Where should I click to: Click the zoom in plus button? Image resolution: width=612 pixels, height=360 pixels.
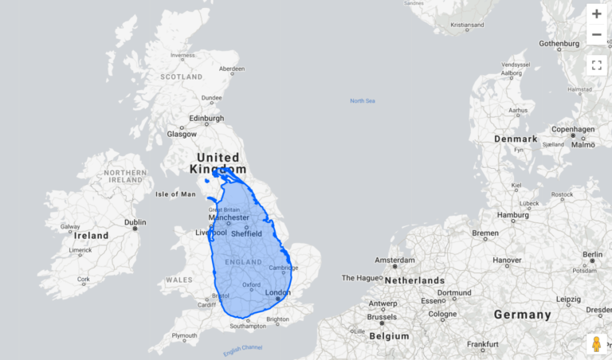[x=596, y=14]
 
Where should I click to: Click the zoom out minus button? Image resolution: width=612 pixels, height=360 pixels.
[x=596, y=35]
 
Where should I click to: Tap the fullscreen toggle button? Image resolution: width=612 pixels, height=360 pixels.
[x=596, y=65]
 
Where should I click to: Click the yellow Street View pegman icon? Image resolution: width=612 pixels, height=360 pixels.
[x=595, y=344]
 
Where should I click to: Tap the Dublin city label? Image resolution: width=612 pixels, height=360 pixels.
[x=135, y=222]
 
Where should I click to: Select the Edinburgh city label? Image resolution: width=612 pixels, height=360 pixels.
[x=206, y=119]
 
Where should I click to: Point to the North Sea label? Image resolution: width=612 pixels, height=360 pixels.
[x=362, y=100]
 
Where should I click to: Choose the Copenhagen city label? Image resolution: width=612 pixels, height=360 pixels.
[x=573, y=129]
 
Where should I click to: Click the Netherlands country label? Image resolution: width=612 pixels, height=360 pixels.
[x=414, y=280]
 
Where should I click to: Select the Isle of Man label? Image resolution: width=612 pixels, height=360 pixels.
[x=175, y=194]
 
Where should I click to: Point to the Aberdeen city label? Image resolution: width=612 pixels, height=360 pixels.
[x=228, y=68]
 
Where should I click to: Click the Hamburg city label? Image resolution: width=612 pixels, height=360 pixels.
[x=513, y=215]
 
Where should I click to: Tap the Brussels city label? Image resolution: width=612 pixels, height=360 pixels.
[x=382, y=316]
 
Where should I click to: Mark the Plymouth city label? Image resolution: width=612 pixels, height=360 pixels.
[x=184, y=335]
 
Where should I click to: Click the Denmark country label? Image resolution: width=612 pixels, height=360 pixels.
[x=516, y=139]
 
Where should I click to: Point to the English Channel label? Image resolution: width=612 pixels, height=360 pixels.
[x=242, y=350]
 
